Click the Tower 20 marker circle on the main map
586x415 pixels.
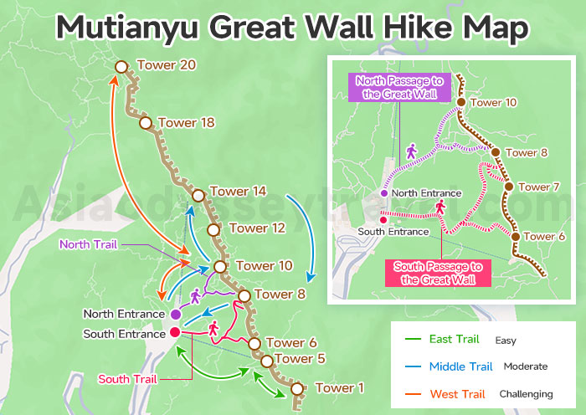(x=121, y=66)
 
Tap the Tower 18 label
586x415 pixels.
(x=185, y=123)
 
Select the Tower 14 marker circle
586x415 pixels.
(x=198, y=196)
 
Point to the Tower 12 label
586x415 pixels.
(x=257, y=228)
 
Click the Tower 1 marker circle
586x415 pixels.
(x=296, y=388)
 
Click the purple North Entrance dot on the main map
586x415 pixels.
(x=175, y=314)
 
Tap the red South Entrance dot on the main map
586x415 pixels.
(x=175, y=332)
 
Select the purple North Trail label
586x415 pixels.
(x=88, y=244)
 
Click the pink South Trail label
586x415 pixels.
(x=126, y=378)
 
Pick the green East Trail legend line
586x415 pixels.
(x=412, y=340)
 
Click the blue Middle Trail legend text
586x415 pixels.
(x=460, y=366)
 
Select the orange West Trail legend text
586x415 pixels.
(x=456, y=393)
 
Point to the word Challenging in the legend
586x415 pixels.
(x=526, y=393)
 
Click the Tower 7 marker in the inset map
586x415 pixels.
(x=507, y=187)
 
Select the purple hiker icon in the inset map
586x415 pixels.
(x=411, y=151)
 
